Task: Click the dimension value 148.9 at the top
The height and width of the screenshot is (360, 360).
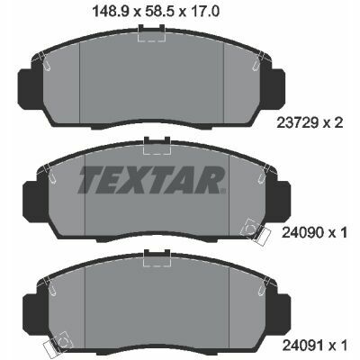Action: point(111,12)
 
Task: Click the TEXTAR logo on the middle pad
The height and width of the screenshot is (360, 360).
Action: point(151,180)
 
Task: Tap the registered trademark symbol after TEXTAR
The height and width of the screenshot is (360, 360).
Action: point(222,191)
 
